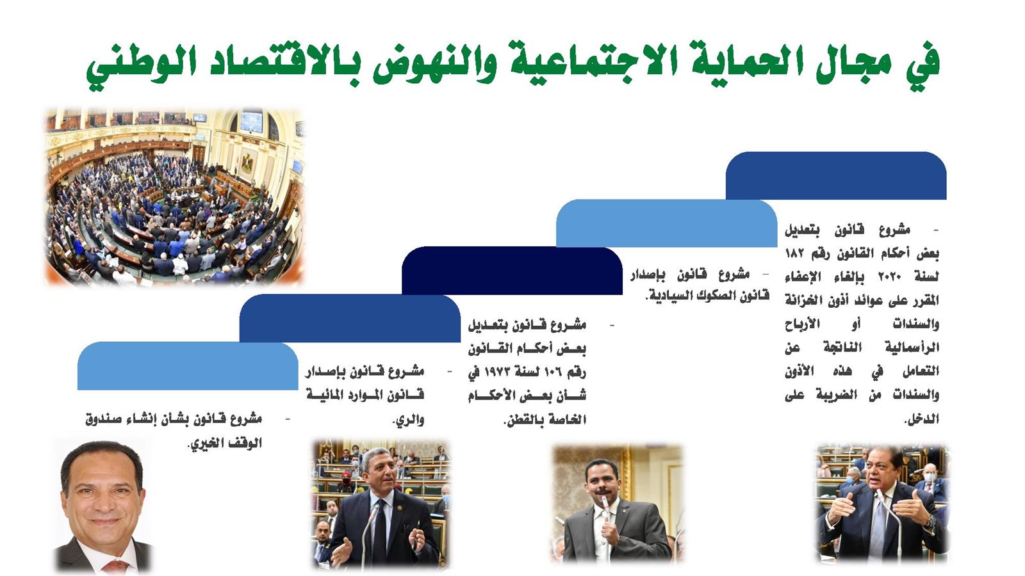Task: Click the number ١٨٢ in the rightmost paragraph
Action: coord(795,253)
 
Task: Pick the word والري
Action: coord(409,420)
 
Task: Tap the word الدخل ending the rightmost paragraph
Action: coord(922,419)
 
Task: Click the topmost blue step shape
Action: coord(836,175)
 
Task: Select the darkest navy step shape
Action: coord(512,271)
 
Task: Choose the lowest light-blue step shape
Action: coord(188,365)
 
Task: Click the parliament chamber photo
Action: coord(175,197)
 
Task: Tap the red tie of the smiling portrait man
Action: coord(115,567)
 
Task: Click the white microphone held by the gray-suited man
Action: coord(605,508)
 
